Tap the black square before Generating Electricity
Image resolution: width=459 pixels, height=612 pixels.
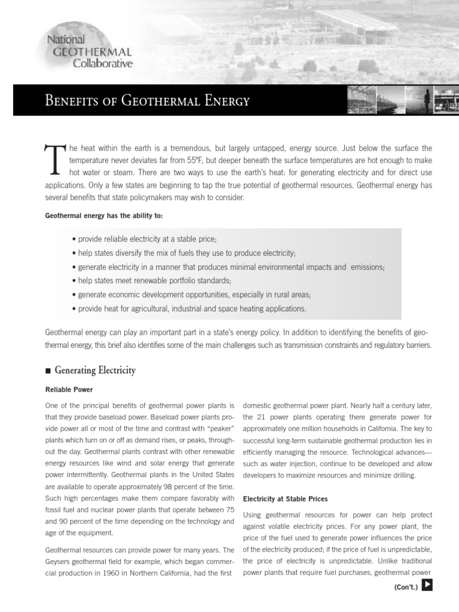[48, 371]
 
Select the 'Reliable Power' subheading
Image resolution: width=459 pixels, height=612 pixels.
[69, 390]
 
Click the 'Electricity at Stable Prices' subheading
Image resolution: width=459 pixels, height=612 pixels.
[285, 498]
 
